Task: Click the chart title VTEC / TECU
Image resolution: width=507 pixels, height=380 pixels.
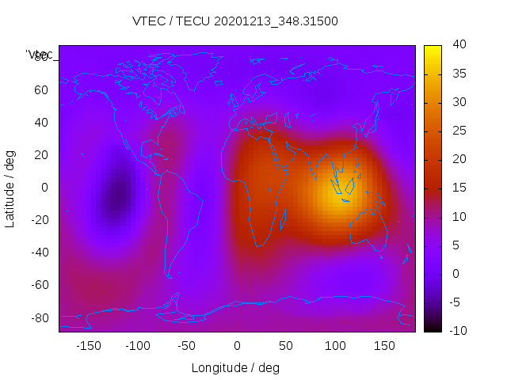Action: click(235, 21)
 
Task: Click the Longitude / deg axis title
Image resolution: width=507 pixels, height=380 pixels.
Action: click(235, 367)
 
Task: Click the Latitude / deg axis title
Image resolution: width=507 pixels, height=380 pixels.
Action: click(10, 188)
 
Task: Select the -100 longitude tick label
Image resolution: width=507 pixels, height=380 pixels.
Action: click(138, 346)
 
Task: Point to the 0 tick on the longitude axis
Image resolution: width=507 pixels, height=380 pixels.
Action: click(237, 346)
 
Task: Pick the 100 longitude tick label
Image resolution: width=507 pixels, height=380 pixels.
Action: click(335, 346)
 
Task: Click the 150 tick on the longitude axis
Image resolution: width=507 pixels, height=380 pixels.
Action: click(384, 346)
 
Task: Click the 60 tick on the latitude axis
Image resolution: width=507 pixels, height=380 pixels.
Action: click(41, 89)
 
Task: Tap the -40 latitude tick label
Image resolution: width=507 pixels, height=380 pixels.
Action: click(39, 253)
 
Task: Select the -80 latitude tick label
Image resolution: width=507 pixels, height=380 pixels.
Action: click(39, 317)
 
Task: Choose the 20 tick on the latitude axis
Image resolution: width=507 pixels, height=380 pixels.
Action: click(41, 154)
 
